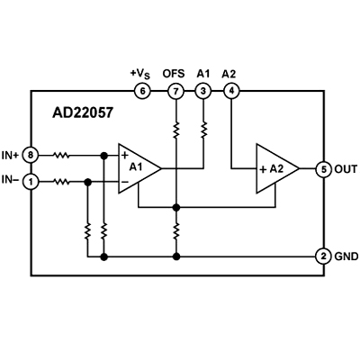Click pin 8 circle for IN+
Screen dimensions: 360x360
[x=31, y=156]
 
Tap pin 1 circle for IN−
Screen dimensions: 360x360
[x=31, y=182]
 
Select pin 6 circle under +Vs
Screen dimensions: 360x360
[x=142, y=91]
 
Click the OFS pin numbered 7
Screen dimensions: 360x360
[x=175, y=91]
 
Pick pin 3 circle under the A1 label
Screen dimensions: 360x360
[x=203, y=91]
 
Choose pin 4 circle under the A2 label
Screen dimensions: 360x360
[x=231, y=91]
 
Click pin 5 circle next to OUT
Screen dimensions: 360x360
[x=324, y=169]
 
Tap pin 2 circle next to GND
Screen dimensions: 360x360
[x=324, y=256]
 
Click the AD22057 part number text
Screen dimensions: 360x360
[x=83, y=112]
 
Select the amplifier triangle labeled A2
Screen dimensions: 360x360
[x=277, y=168]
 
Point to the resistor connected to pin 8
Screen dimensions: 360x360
[x=61, y=156]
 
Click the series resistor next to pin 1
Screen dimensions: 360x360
[x=61, y=182]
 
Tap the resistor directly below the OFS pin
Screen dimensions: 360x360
[x=176, y=130]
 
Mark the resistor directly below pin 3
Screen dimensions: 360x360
[x=203, y=130]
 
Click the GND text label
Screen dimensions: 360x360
[x=346, y=256]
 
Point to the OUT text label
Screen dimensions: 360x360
[x=346, y=169]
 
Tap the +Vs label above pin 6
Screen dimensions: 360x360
[x=140, y=74]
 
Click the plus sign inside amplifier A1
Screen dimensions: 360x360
[x=125, y=156]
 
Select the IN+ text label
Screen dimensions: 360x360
[x=11, y=156]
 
